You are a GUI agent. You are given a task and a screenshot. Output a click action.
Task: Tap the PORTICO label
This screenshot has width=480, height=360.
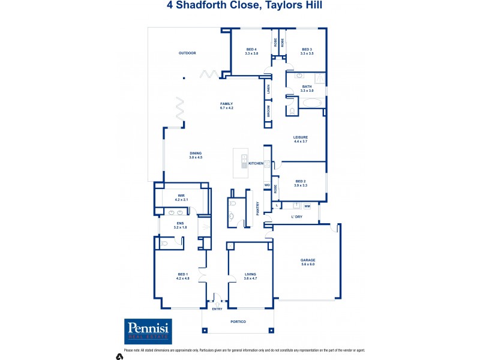(x=239, y=322)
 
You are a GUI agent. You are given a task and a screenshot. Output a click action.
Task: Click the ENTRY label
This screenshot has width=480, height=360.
(x=217, y=309)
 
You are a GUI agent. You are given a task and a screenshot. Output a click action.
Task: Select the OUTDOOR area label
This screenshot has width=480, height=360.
(x=187, y=53)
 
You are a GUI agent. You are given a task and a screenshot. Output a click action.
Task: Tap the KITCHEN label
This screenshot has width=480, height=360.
(x=256, y=163)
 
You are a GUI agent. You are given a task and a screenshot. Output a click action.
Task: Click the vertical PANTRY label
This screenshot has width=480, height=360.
(x=258, y=208)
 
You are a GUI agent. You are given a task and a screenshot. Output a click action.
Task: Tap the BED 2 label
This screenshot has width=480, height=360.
(x=301, y=183)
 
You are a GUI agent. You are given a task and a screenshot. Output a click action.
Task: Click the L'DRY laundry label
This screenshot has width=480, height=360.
(x=296, y=216)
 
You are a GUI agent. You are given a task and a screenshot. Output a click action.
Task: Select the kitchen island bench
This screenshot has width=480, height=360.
(x=245, y=161)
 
